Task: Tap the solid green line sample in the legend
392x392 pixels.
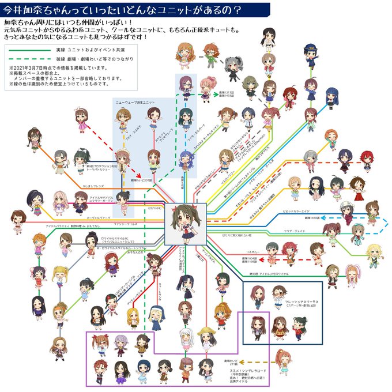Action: (25, 50)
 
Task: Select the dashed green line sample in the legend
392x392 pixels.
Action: (25, 59)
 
